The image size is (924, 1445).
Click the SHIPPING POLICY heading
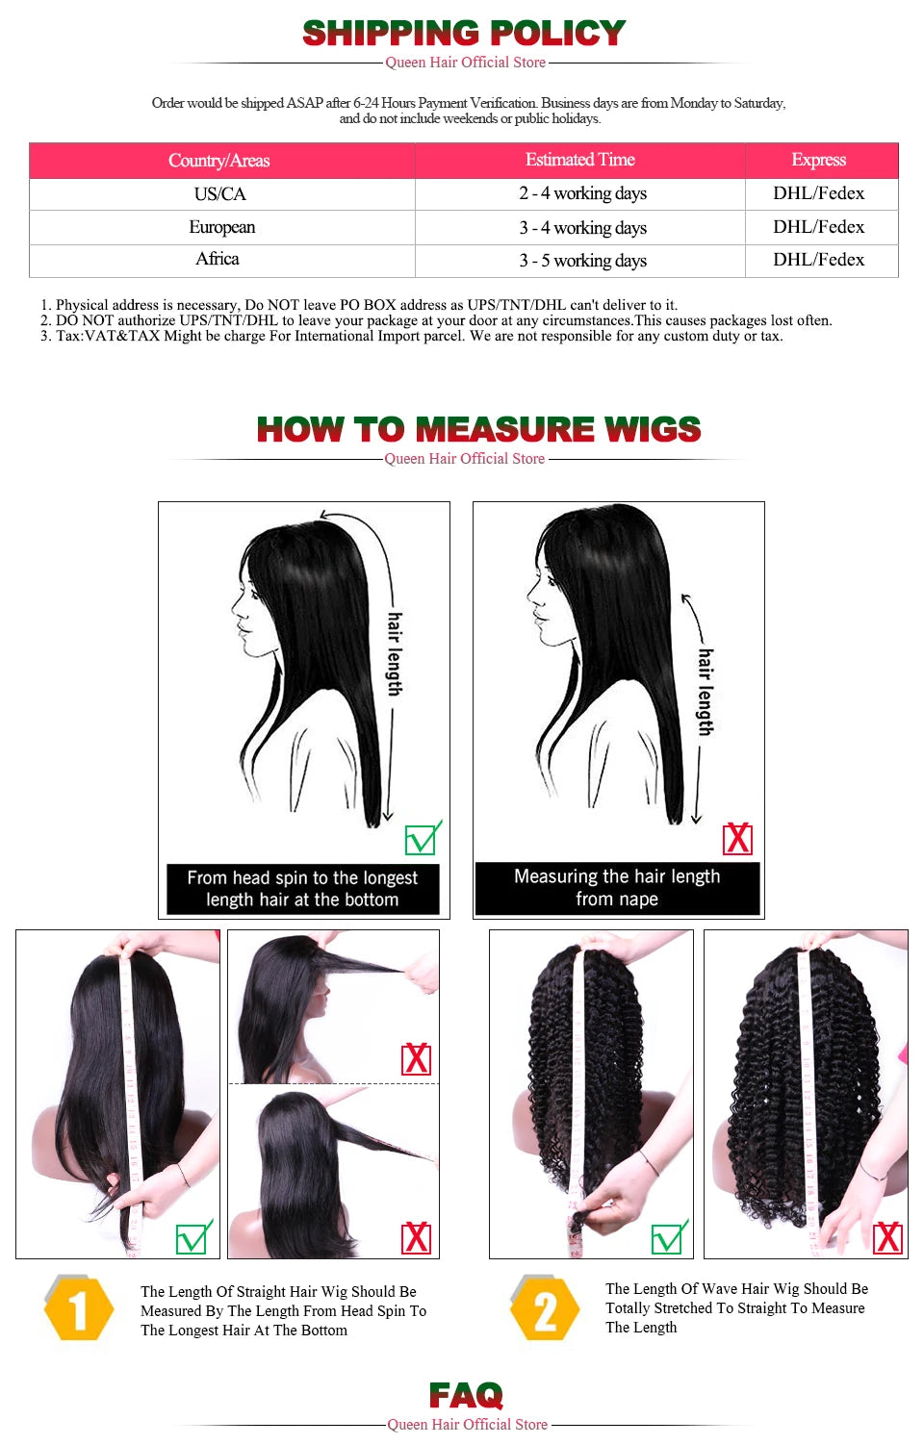click(x=464, y=34)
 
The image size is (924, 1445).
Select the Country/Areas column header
click(x=219, y=161)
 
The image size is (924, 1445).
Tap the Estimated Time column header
click(x=579, y=160)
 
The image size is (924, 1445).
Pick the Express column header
click(x=819, y=160)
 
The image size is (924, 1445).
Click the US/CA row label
click(x=219, y=194)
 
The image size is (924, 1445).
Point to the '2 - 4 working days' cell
click(x=582, y=193)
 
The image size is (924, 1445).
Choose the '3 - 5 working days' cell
click(x=582, y=261)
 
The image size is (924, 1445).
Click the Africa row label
click(x=218, y=259)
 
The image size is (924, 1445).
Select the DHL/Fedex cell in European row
click(x=819, y=227)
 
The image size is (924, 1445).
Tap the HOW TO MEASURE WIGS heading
click(x=478, y=429)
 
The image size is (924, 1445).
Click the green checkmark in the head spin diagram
click(x=422, y=839)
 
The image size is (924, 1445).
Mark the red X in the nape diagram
click(x=737, y=839)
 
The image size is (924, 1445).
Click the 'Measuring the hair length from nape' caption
click(x=617, y=888)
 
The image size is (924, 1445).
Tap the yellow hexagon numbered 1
click(x=79, y=1308)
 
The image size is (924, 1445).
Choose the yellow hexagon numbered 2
click(x=545, y=1309)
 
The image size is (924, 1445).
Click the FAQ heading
click(x=466, y=1395)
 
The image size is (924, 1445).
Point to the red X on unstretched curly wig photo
click(x=887, y=1238)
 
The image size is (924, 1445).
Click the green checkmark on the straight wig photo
click(x=192, y=1238)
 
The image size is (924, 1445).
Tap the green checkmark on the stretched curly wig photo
click(x=668, y=1238)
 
